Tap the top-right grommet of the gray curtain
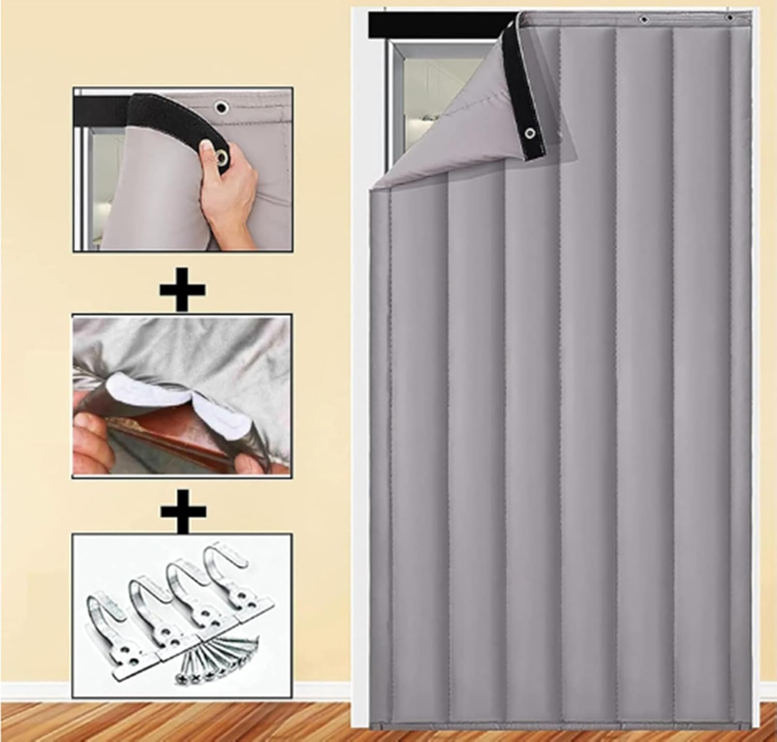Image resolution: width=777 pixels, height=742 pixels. pyautogui.click(x=730, y=18)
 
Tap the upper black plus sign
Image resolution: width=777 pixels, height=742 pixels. pyautogui.click(x=182, y=288)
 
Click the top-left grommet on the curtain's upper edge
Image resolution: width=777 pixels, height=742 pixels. pyautogui.click(x=643, y=20)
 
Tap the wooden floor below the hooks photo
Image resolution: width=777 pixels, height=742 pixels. pyautogui.click(x=181, y=723)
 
